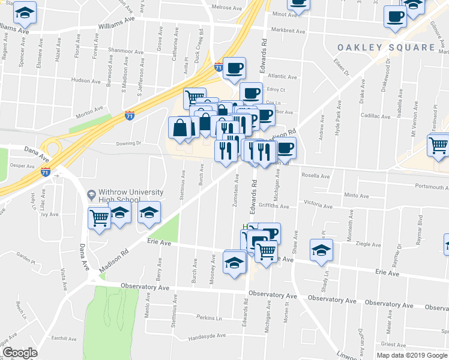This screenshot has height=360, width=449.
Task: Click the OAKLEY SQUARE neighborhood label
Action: click(x=385, y=47)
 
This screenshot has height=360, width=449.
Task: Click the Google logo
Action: click(x=20, y=353)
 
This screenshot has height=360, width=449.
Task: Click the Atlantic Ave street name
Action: click(x=282, y=77)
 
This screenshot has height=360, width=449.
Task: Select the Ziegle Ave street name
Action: click(x=369, y=244)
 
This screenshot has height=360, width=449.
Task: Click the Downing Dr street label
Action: click(x=128, y=143)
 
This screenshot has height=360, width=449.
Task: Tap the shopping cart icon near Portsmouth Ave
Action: click(x=439, y=145)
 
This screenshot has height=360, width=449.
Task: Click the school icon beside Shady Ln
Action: click(x=321, y=250)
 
